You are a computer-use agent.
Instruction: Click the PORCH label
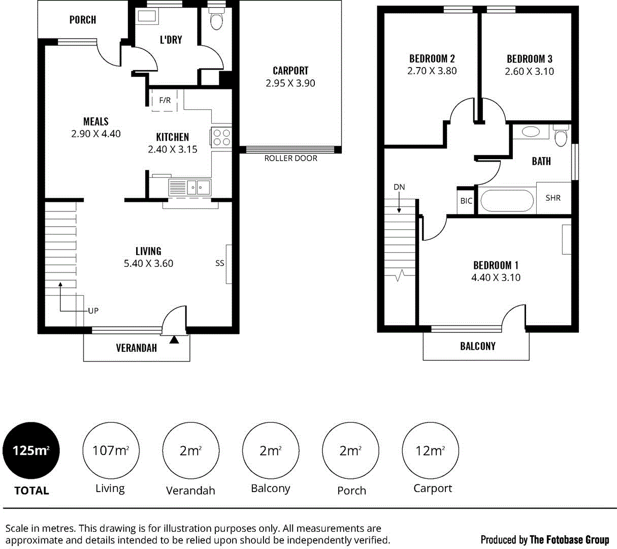tap(82, 20)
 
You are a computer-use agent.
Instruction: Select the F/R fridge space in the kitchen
tap(165, 101)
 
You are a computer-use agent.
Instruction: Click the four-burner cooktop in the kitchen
tap(221, 137)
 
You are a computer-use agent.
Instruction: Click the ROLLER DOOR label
tap(290, 159)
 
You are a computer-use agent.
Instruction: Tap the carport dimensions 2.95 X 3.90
tap(290, 83)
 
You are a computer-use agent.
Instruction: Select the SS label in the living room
tap(219, 263)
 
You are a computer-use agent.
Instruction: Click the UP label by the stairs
tap(93, 311)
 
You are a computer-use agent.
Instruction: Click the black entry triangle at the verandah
tap(174, 340)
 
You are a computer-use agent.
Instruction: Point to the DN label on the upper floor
tap(399, 187)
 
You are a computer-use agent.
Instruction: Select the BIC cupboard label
tap(466, 201)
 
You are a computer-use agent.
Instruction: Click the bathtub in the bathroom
tap(507, 201)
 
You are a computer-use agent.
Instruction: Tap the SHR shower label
tap(553, 198)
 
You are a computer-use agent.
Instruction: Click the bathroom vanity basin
tap(531, 132)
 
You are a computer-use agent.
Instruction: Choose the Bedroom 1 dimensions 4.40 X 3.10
tap(496, 278)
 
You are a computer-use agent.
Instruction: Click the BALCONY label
tap(477, 346)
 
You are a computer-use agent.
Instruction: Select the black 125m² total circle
tap(31, 450)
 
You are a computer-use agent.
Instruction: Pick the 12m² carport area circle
tap(430, 450)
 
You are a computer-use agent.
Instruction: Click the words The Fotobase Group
tap(569, 540)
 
